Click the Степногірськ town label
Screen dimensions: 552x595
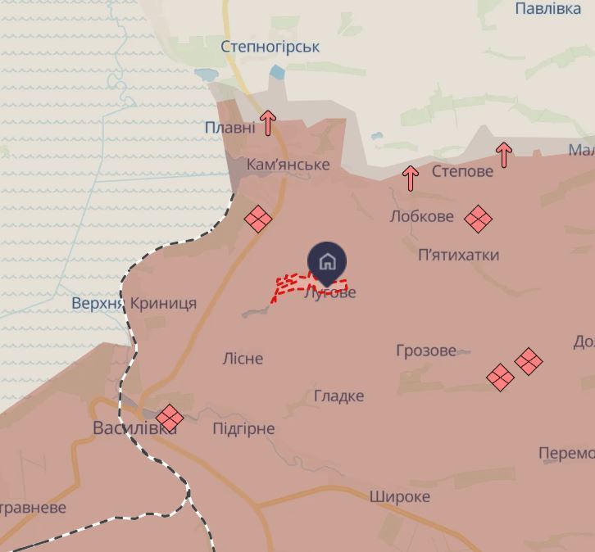coord(270,47)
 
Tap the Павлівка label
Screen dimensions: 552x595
coord(547,9)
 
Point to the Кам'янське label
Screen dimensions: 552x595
coord(288,165)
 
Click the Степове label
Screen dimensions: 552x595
coord(462,171)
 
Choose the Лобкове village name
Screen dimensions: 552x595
coord(421,217)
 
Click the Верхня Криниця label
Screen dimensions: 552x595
coord(134,303)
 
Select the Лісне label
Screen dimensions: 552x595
coord(243,359)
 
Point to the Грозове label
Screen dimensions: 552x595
coord(425,351)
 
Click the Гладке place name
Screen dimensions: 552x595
coord(338,396)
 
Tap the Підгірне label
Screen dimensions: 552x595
coord(243,429)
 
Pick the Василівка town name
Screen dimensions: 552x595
coord(134,428)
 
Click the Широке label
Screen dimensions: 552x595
coord(399,496)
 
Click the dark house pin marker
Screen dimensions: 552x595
coord(327,262)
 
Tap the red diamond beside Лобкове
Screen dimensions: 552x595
coord(478,219)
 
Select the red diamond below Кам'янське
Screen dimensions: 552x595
coord(258,219)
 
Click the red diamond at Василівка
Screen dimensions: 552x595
coord(170,417)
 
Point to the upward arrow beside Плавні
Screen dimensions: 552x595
coord(268,124)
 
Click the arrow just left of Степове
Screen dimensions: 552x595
coord(411,178)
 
